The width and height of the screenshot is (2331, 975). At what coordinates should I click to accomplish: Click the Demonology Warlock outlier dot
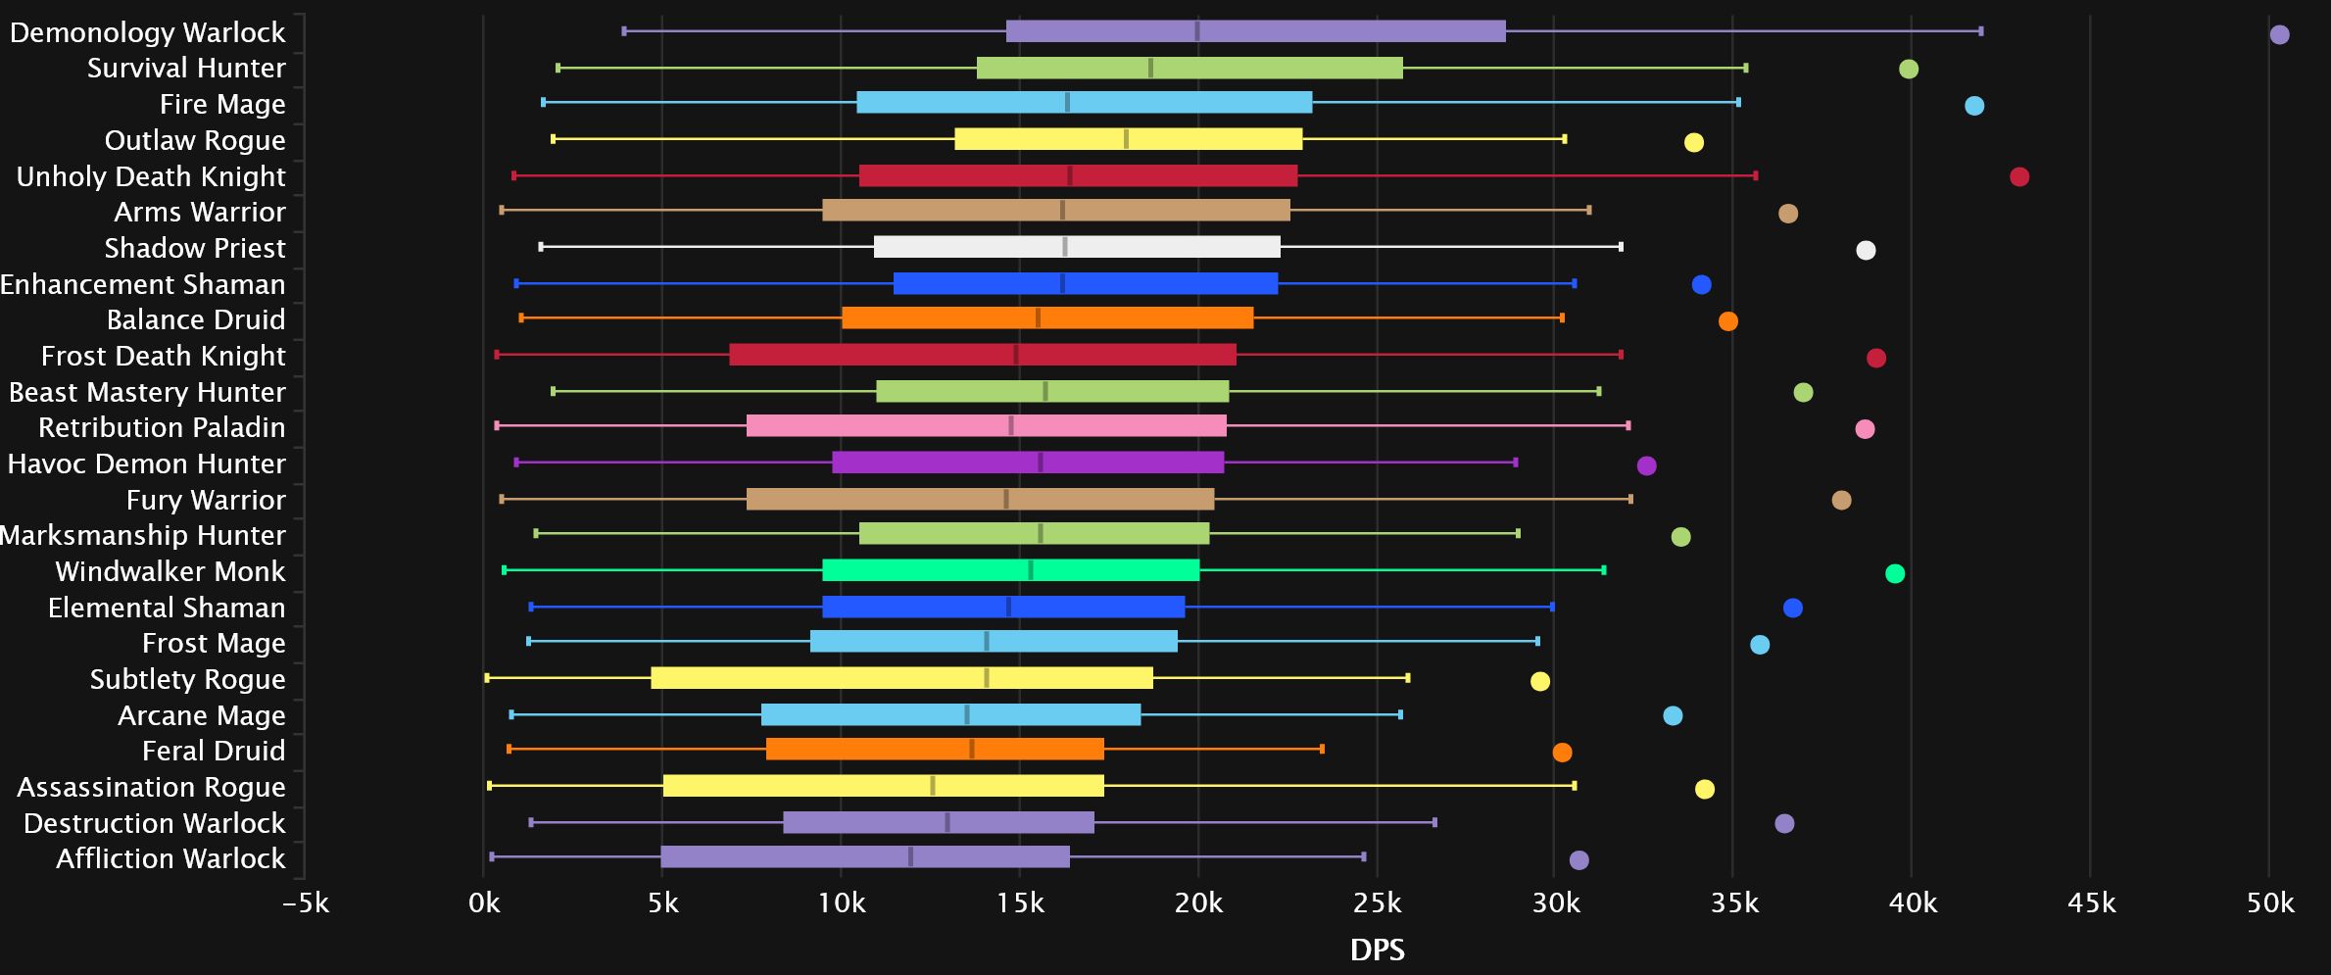[2279, 34]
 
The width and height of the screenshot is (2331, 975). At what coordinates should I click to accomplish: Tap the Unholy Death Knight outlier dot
[2019, 176]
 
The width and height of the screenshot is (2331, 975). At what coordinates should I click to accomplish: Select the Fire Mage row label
[222, 104]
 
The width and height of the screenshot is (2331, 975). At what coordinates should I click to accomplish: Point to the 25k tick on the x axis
[1377, 902]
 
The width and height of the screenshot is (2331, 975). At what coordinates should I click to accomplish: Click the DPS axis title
[1377, 949]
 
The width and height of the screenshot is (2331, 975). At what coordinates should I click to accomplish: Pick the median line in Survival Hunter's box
[1150, 68]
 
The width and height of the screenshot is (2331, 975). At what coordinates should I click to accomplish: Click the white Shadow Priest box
[1077, 247]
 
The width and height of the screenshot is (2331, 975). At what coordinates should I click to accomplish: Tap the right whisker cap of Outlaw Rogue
[1565, 139]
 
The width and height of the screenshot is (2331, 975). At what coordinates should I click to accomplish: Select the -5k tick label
[306, 902]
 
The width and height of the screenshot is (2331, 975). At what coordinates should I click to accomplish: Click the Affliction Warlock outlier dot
[1578, 860]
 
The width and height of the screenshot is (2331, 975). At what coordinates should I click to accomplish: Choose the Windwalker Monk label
[170, 571]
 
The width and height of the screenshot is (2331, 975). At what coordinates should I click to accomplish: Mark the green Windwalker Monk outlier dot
[1895, 573]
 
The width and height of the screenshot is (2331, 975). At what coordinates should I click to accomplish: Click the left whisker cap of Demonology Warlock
[624, 31]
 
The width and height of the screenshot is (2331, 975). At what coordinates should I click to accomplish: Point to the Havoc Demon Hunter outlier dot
[1646, 465]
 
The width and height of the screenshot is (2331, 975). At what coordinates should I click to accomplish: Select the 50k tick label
[2269, 902]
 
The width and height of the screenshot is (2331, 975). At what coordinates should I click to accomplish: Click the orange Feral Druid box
[935, 749]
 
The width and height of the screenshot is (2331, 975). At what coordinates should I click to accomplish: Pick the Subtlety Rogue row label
[187, 679]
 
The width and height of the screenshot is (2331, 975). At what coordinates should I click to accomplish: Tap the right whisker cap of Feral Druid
[1322, 749]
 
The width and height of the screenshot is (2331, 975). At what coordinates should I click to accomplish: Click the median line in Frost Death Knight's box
[1016, 354]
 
